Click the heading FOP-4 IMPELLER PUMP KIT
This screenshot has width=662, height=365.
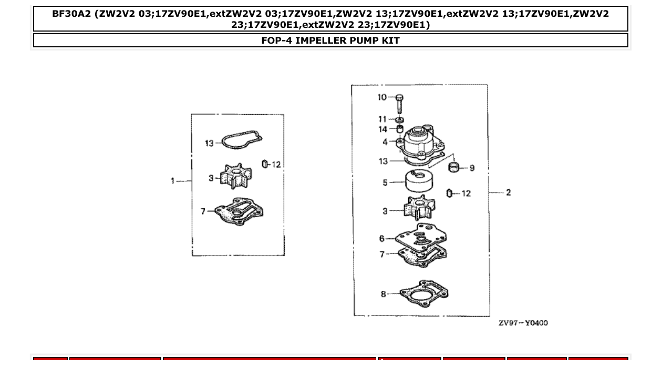330,40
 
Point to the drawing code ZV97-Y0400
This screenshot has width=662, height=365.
523,322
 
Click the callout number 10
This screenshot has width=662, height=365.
382,97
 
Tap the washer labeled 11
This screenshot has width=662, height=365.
399,120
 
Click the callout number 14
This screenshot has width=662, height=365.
383,129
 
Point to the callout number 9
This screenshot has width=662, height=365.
472,168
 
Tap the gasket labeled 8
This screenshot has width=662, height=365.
424,293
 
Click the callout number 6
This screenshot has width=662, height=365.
382,239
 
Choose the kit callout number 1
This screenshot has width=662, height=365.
172,181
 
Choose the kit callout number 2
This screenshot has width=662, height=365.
508,192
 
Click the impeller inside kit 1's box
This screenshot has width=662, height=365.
233,177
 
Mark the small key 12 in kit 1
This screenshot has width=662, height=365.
265,164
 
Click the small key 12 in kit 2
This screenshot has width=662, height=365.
450,193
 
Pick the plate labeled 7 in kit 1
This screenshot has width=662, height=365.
239,211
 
